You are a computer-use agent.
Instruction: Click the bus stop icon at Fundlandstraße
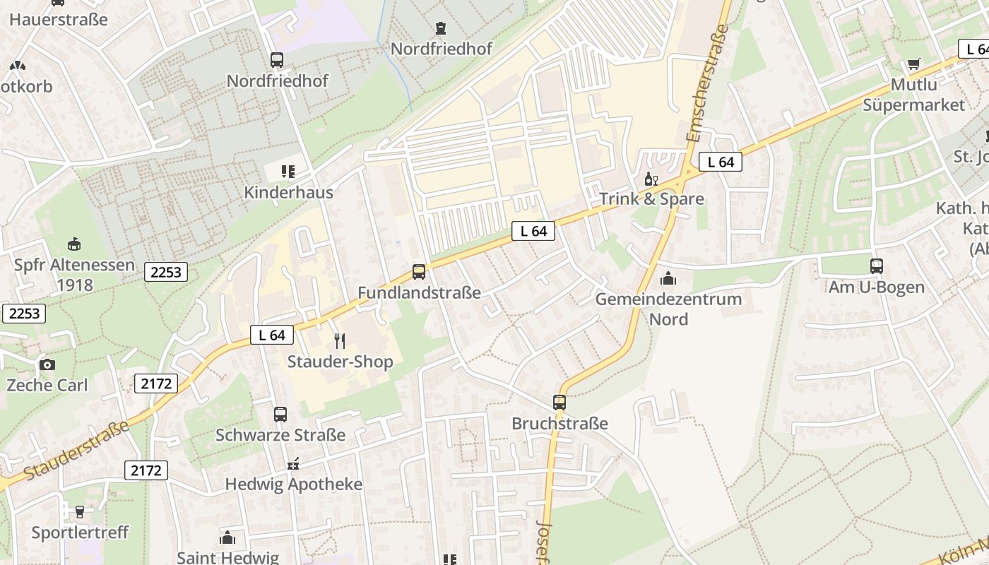(x=419, y=272)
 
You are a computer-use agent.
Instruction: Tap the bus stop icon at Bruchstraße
(x=559, y=403)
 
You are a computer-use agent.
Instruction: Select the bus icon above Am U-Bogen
(x=877, y=266)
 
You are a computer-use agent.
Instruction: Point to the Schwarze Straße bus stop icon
(x=280, y=415)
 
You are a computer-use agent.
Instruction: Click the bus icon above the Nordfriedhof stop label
(x=277, y=60)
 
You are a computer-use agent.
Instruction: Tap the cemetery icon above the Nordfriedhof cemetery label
(x=442, y=29)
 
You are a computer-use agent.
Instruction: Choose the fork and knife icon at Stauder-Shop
(x=340, y=341)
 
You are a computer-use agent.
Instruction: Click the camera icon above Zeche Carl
(x=47, y=364)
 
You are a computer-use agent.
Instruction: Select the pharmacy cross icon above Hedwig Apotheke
(x=293, y=465)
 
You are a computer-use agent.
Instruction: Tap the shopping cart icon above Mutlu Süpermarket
(x=914, y=64)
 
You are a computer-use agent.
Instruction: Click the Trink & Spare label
(x=651, y=199)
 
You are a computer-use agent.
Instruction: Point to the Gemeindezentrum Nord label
(x=668, y=309)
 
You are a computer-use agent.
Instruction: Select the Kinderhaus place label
(x=288, y=192)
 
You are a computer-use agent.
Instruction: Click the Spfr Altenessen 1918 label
(x=74, y=275)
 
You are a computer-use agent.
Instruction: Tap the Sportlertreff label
(x=80, y=532)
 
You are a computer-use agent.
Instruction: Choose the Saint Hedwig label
(x=227, y=557)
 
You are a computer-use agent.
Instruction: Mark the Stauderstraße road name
(x=76, y=449)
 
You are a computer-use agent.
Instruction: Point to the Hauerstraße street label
(x=59, y=19)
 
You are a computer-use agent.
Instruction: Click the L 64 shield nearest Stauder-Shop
(x=272, y=335)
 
